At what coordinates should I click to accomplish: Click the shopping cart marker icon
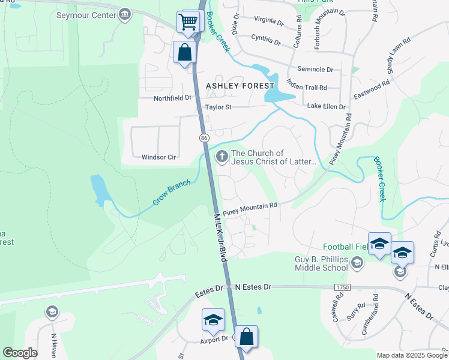188,23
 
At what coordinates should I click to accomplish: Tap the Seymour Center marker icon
125,14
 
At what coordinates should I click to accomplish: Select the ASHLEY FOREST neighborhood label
240,86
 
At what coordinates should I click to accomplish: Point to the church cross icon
221,157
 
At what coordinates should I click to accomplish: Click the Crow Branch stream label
171,193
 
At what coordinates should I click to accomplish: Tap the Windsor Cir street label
158,157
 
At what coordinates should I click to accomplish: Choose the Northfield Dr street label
172,97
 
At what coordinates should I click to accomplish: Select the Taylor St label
218,107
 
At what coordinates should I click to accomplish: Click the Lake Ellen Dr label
327,107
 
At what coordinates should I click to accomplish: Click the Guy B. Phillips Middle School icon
357,262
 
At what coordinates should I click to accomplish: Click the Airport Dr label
215,339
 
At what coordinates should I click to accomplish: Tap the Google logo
20,353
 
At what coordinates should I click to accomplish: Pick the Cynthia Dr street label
266,43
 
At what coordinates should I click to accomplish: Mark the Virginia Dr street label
268,22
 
